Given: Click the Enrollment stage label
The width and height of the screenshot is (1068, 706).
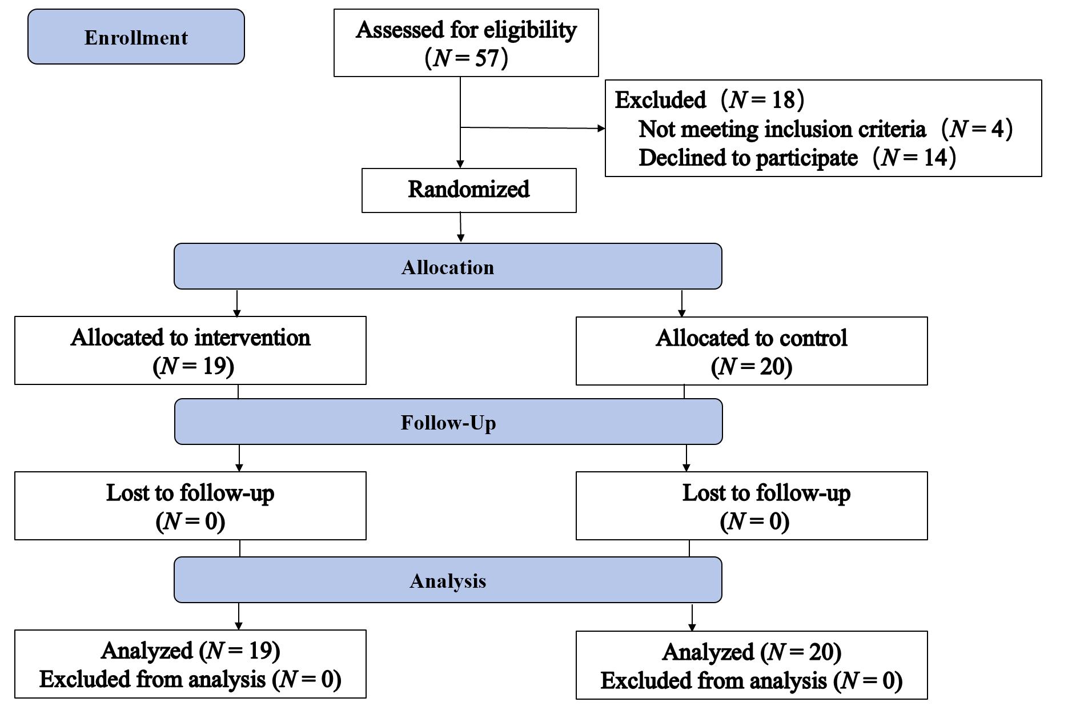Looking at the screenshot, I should tap(136, 38).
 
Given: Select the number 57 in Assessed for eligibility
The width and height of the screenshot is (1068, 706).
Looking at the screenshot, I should tap(487, 58).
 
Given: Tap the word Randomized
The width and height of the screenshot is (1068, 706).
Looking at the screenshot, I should tap(468, 190).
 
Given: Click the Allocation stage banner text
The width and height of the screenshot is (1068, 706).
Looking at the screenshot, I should tap(447, 267).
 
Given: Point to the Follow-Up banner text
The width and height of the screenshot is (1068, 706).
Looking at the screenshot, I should tap(448, 423).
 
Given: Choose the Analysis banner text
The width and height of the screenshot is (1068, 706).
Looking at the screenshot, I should tap(448, 581).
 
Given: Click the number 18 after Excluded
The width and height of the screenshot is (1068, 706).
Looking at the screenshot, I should tap(783, 100).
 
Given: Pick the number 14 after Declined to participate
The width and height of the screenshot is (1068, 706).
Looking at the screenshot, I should tap(935, 158).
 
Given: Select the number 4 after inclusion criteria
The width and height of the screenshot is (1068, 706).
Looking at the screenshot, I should tap(997, 129).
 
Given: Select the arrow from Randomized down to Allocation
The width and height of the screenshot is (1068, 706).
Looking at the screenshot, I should tap(460, 228).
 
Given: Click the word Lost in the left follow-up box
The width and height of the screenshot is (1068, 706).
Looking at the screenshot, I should tap(126, 493).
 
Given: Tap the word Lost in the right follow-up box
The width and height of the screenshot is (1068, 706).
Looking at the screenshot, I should tap(702, 493).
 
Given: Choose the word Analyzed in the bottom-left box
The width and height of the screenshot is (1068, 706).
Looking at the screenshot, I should tap(147, 651).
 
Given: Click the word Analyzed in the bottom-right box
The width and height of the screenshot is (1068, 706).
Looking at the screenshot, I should tap(708, 652).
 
